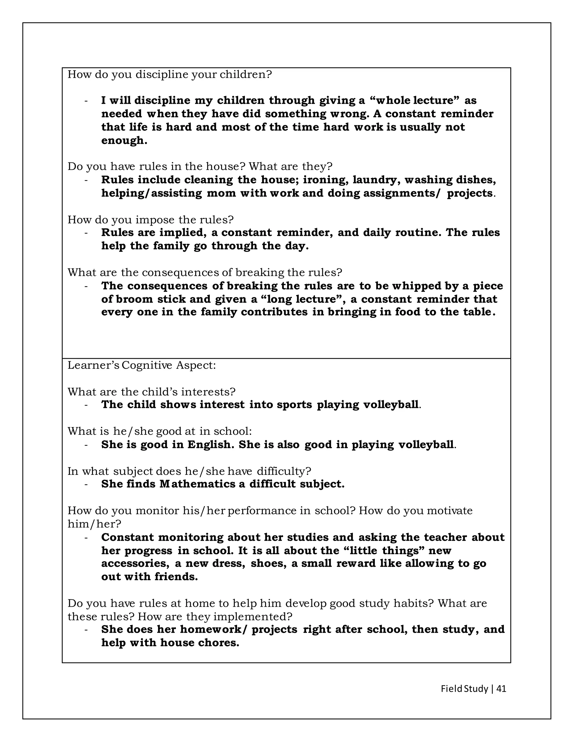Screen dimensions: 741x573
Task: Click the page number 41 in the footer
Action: pyautogui.click(x=501, y=688)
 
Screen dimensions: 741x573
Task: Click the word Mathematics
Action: pyautogui.click(x=198, y=484)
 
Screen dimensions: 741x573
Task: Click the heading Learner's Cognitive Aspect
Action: pyautogui.click(x=142, y=365)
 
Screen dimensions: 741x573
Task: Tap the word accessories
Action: pyautogui.click(x=135, y=563)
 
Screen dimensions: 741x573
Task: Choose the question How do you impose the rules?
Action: pyautogui.click(x=150, y=220)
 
